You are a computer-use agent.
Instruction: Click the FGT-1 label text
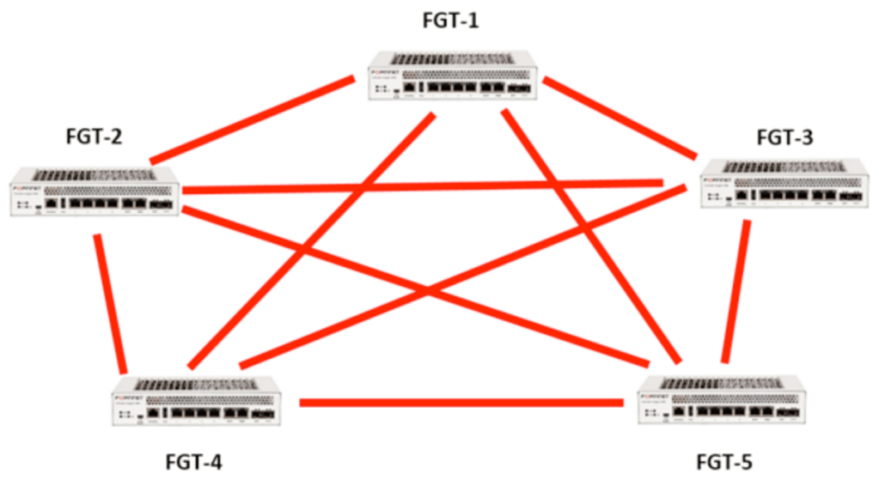(x=450, y=19)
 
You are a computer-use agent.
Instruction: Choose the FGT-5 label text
(x=723, y=463)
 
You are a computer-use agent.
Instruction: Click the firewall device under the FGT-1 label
(x=454, y=76)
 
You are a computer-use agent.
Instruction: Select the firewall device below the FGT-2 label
(x=95, y=191)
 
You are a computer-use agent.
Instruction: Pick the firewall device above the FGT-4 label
(x=196, y=402)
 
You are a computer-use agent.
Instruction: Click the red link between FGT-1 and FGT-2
(x=251, y=119)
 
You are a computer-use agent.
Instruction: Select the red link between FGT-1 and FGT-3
(x=619, y=118)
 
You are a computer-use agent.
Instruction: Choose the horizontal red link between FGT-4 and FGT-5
(x=461, y=402)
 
